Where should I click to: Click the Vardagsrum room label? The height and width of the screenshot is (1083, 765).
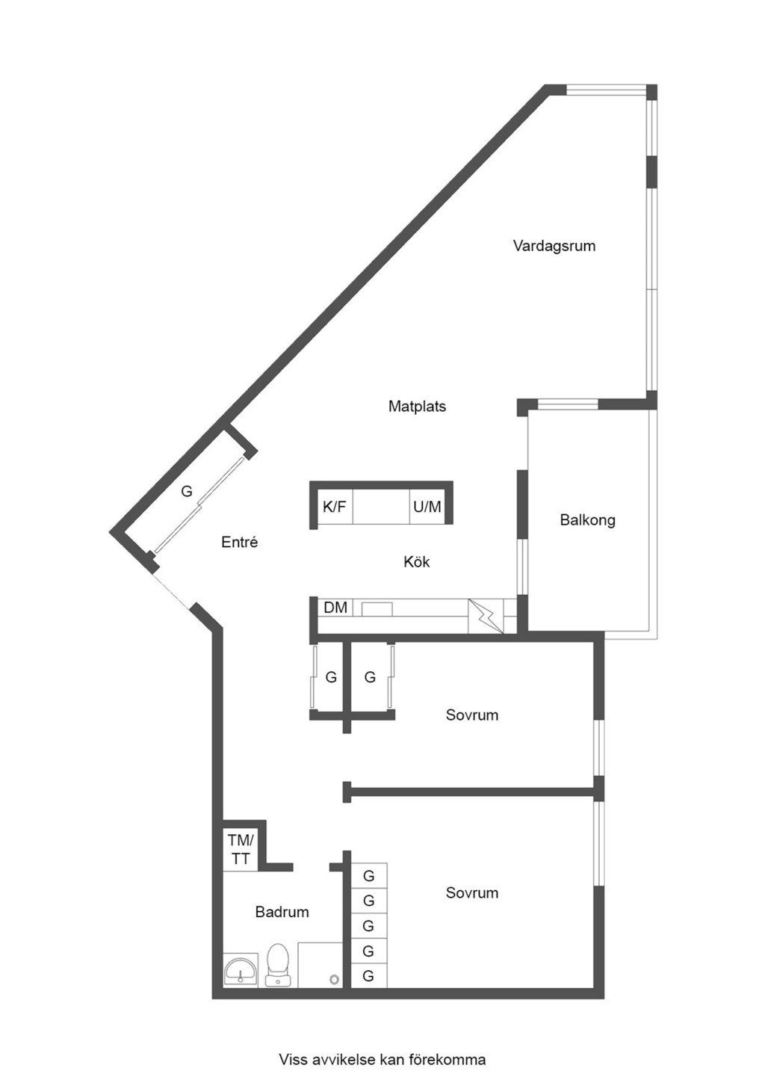pyautogui.click(x=554, y=246)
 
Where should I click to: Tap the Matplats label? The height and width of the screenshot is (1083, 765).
pyautogui.click(x=417, y=406)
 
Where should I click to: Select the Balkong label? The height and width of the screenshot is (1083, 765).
pyautogui.click(x=588, y=519)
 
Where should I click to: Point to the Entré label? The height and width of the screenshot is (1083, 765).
pyautogui.click(x=240, y=542)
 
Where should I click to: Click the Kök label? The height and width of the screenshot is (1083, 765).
pyautogui.click(x=417, y=562)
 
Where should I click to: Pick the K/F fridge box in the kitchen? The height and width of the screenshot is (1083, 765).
pyautogui.click(x=335, y=507)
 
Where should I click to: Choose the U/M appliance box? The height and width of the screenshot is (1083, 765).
pyautogui.click(x=427, y=507)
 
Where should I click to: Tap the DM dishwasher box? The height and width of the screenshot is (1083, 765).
pyautogui.click(x=335, y=608)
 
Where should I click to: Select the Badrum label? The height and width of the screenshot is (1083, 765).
pyautogui.click(x=282, y=912)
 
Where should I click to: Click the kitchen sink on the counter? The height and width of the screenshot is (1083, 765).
pyautogui.click(x=377, y=608)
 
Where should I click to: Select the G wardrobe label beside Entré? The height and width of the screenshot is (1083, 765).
pyautogui.click(x=187, y=491)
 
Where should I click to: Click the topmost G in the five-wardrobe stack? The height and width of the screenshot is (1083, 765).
pyautogui.click(x=369, y=875)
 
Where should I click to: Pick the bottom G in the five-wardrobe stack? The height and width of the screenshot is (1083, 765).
pyautogui.click(x=369, y=976)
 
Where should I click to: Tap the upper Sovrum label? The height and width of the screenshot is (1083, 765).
pyautogui.click(x=471, y=715)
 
